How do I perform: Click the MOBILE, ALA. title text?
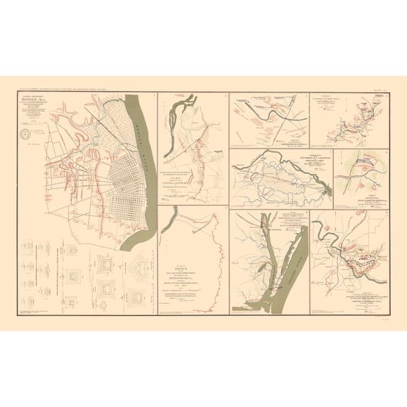coord(35,99)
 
